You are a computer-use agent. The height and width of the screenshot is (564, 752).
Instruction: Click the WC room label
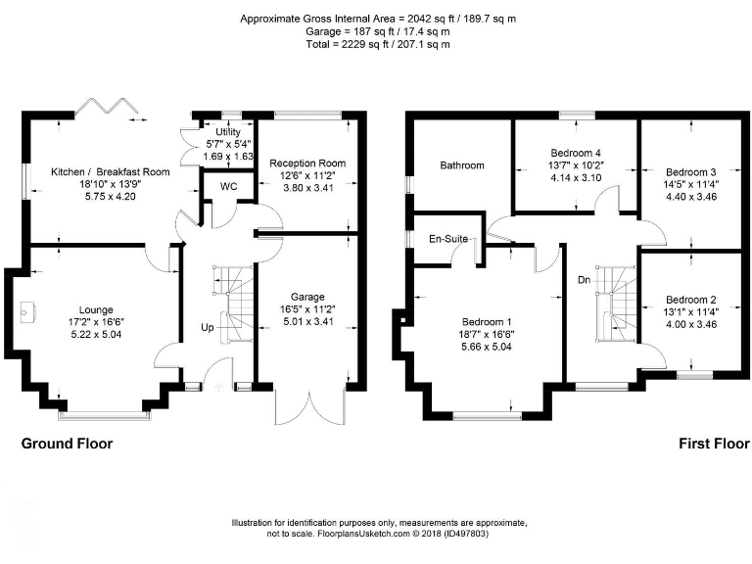(228, 186)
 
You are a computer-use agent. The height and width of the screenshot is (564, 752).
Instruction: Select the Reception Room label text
(307, 164)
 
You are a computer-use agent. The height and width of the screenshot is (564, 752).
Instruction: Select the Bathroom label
(461, 165)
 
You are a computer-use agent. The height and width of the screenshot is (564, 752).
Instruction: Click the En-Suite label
(448, 238)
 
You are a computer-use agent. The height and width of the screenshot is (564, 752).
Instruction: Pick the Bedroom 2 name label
(691, 300)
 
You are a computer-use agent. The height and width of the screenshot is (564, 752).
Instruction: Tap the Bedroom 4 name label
(576, 154)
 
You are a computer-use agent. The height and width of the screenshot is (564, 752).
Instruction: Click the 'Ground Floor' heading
(68, 444)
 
